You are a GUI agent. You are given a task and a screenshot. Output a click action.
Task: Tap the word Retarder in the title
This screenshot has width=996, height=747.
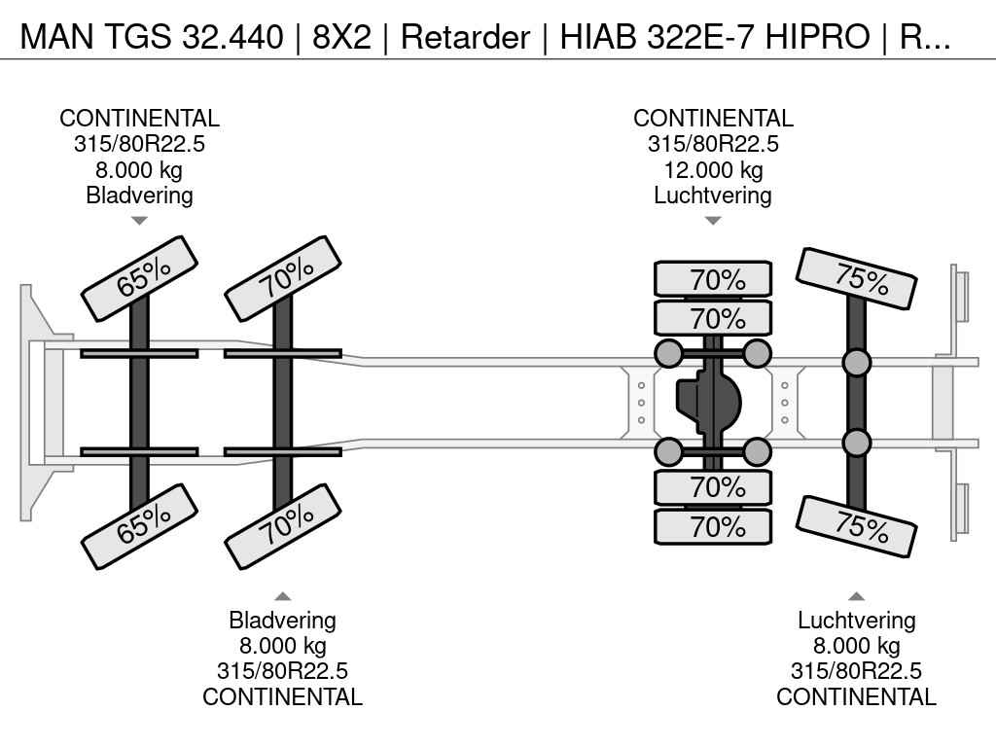464,37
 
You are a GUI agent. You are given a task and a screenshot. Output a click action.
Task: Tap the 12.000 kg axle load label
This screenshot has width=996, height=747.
713,170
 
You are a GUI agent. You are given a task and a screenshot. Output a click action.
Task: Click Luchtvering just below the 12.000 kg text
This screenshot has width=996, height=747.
713,196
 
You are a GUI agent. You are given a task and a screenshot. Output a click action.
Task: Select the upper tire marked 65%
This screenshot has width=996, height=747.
139,278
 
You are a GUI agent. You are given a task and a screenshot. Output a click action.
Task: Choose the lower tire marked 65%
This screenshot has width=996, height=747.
139,526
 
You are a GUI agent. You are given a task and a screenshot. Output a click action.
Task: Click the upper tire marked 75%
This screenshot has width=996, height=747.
857,278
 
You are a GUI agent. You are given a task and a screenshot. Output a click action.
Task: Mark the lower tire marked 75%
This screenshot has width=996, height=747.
857,526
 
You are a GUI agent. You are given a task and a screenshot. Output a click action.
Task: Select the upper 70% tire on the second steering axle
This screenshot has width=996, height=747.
283,278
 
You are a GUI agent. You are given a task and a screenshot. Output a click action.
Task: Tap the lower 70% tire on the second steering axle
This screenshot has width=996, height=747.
283,526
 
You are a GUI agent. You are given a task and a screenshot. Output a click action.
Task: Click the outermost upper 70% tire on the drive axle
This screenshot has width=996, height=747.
713,279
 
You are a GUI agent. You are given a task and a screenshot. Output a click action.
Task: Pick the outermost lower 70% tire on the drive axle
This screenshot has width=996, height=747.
713,527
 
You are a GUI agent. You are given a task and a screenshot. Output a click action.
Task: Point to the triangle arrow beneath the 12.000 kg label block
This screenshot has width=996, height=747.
713,221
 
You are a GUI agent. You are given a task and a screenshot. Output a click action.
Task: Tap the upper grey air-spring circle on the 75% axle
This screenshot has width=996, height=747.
856,363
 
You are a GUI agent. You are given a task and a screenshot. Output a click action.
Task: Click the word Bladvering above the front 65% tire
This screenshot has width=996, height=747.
139,196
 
